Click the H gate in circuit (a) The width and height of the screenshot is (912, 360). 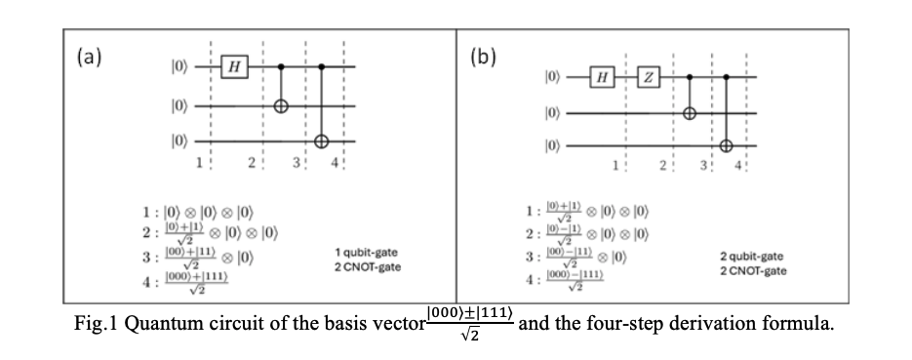pos(233,66)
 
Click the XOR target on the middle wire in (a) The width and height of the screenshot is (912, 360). pos(281,104)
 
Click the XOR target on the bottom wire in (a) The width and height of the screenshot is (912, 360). pos(322,140)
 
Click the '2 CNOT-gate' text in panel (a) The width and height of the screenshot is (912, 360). pos(367,266)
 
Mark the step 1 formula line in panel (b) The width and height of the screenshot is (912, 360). pos(586,212)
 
